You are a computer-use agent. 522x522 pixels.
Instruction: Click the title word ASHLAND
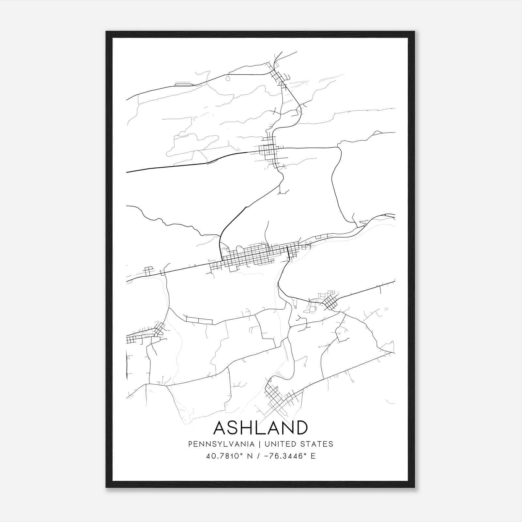(x=260, y=428)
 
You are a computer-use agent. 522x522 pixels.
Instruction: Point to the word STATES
(x=317, y=444)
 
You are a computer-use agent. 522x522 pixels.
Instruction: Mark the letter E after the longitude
(x=313, y=456)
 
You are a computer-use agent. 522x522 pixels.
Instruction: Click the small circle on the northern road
(x=228, y=78)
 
